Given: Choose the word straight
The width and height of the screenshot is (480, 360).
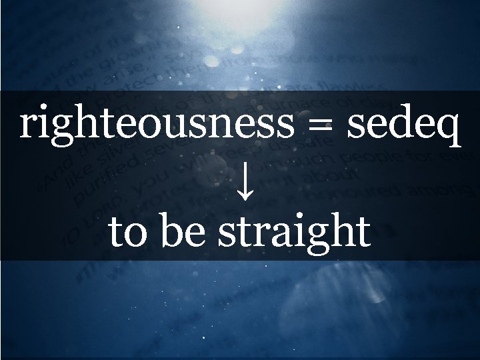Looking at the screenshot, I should [x=295, y=232].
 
